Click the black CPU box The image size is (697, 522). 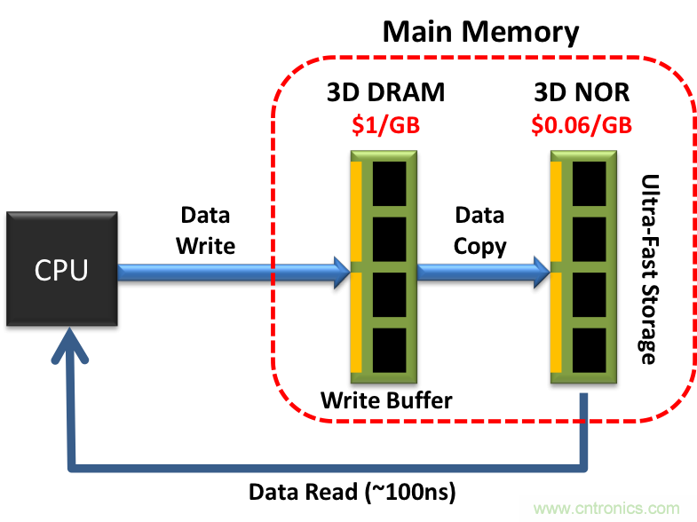(61, 269)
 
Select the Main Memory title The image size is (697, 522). (480, 33)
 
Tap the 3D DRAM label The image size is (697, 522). (386, 94)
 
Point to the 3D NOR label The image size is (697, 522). (582, 94)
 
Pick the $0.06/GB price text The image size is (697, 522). (582, 124)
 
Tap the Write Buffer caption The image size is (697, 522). (386, 400)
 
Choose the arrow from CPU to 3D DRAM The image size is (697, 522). (231, 272)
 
